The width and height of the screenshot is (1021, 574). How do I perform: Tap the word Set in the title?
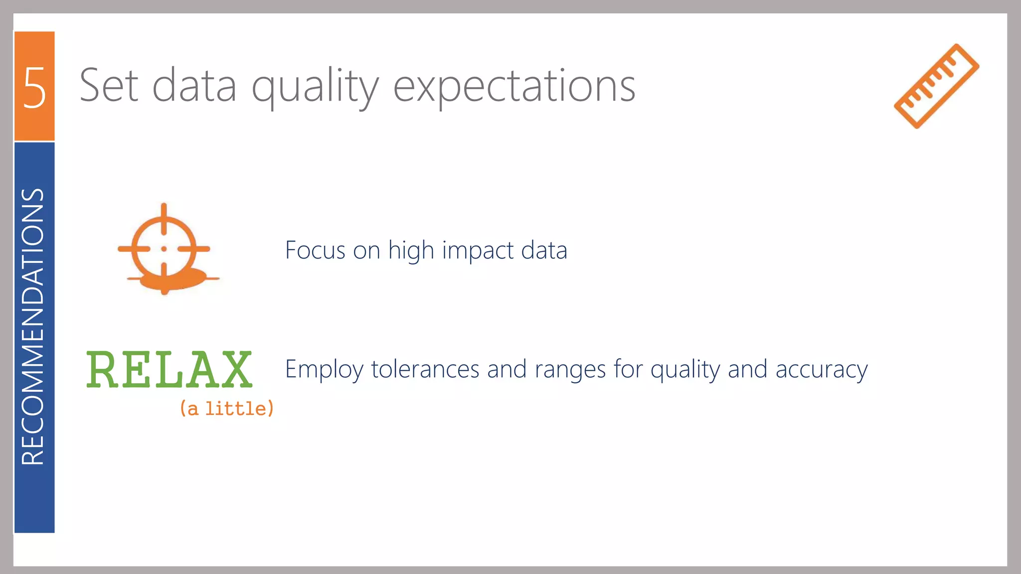(109, 86)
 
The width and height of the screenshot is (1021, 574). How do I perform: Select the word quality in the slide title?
(315, 87)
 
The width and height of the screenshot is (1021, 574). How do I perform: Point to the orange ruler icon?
(936, 86)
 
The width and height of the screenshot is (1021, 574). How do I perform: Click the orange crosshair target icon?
(165, 248)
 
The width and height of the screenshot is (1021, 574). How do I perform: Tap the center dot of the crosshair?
(164, 249)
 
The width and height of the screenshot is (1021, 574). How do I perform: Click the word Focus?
(315, 250)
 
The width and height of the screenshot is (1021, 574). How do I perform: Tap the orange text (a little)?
(227, 409)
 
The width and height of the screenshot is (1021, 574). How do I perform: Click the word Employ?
(324, 370)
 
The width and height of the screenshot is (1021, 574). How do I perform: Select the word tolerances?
(425, 369)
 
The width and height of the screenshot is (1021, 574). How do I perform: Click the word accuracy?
(822, 370)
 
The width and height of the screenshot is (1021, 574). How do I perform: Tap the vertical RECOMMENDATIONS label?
(33, 326)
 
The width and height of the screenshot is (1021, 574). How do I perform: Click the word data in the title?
(194, 86)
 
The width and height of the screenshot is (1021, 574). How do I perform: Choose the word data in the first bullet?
(544, 250)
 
